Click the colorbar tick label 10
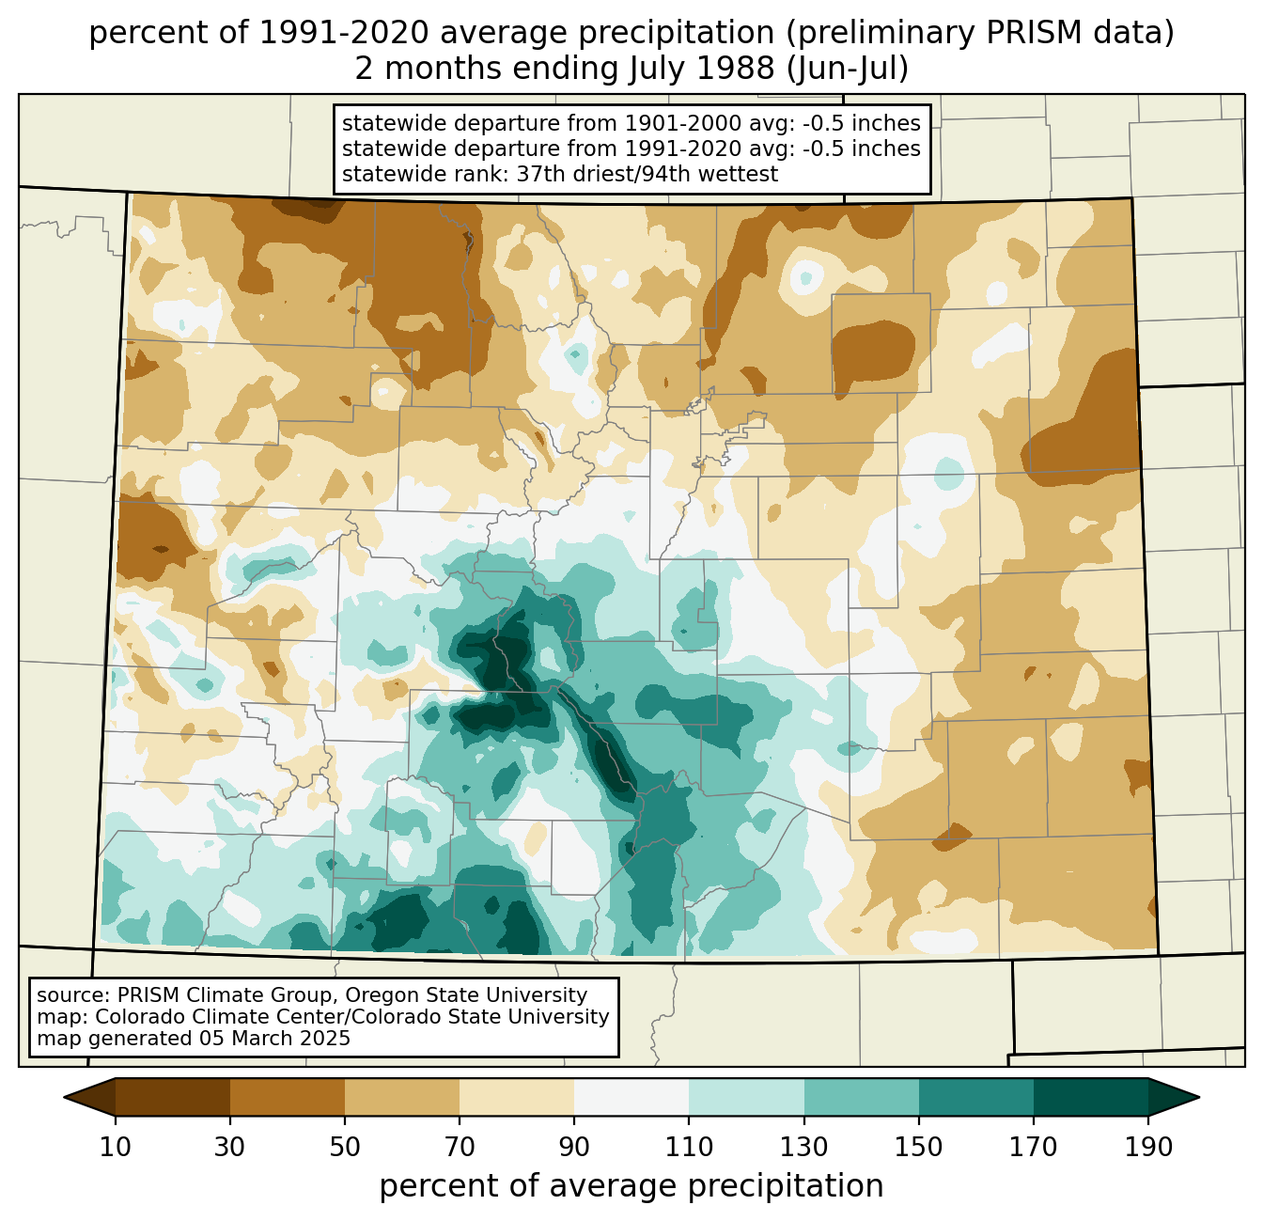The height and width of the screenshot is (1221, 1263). pyautogui.click(x=115, y=1148)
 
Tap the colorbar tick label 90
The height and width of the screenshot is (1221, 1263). pyautogui.click(x=574, y=1148)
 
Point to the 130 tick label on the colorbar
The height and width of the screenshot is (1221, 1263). pyautogui.click(x=803, y=1148)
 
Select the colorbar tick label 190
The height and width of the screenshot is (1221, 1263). pyautogui.click(x=1148, y=1148)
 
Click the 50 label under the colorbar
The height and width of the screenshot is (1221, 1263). pyautogui.click(x=345, y=1148)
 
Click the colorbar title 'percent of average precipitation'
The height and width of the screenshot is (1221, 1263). pyautogui.click(x=631, y=1186)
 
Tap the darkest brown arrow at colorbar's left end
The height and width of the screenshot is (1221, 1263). pyautogui.click(x=89, y=1097)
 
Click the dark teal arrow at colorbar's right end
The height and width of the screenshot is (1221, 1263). pyautogui.click(x=1174, y=1097)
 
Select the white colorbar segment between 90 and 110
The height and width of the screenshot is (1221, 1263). pyautogui.click(x=631, y=1097)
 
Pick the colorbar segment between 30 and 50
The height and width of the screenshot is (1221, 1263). pyautogui.click(x=287, y=1097)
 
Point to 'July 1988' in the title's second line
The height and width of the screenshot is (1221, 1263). pyautogui.click(x=702, y=69)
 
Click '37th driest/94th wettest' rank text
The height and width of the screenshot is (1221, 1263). pyautogui.click(x=647, y=174)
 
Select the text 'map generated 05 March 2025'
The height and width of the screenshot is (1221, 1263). pyautogui.click(x=194, y=1038)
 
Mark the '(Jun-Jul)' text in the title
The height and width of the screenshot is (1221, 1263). pyautogui.click(x=848, y=69)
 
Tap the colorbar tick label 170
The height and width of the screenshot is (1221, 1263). pyautogui.click(x=1034, y=1148)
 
